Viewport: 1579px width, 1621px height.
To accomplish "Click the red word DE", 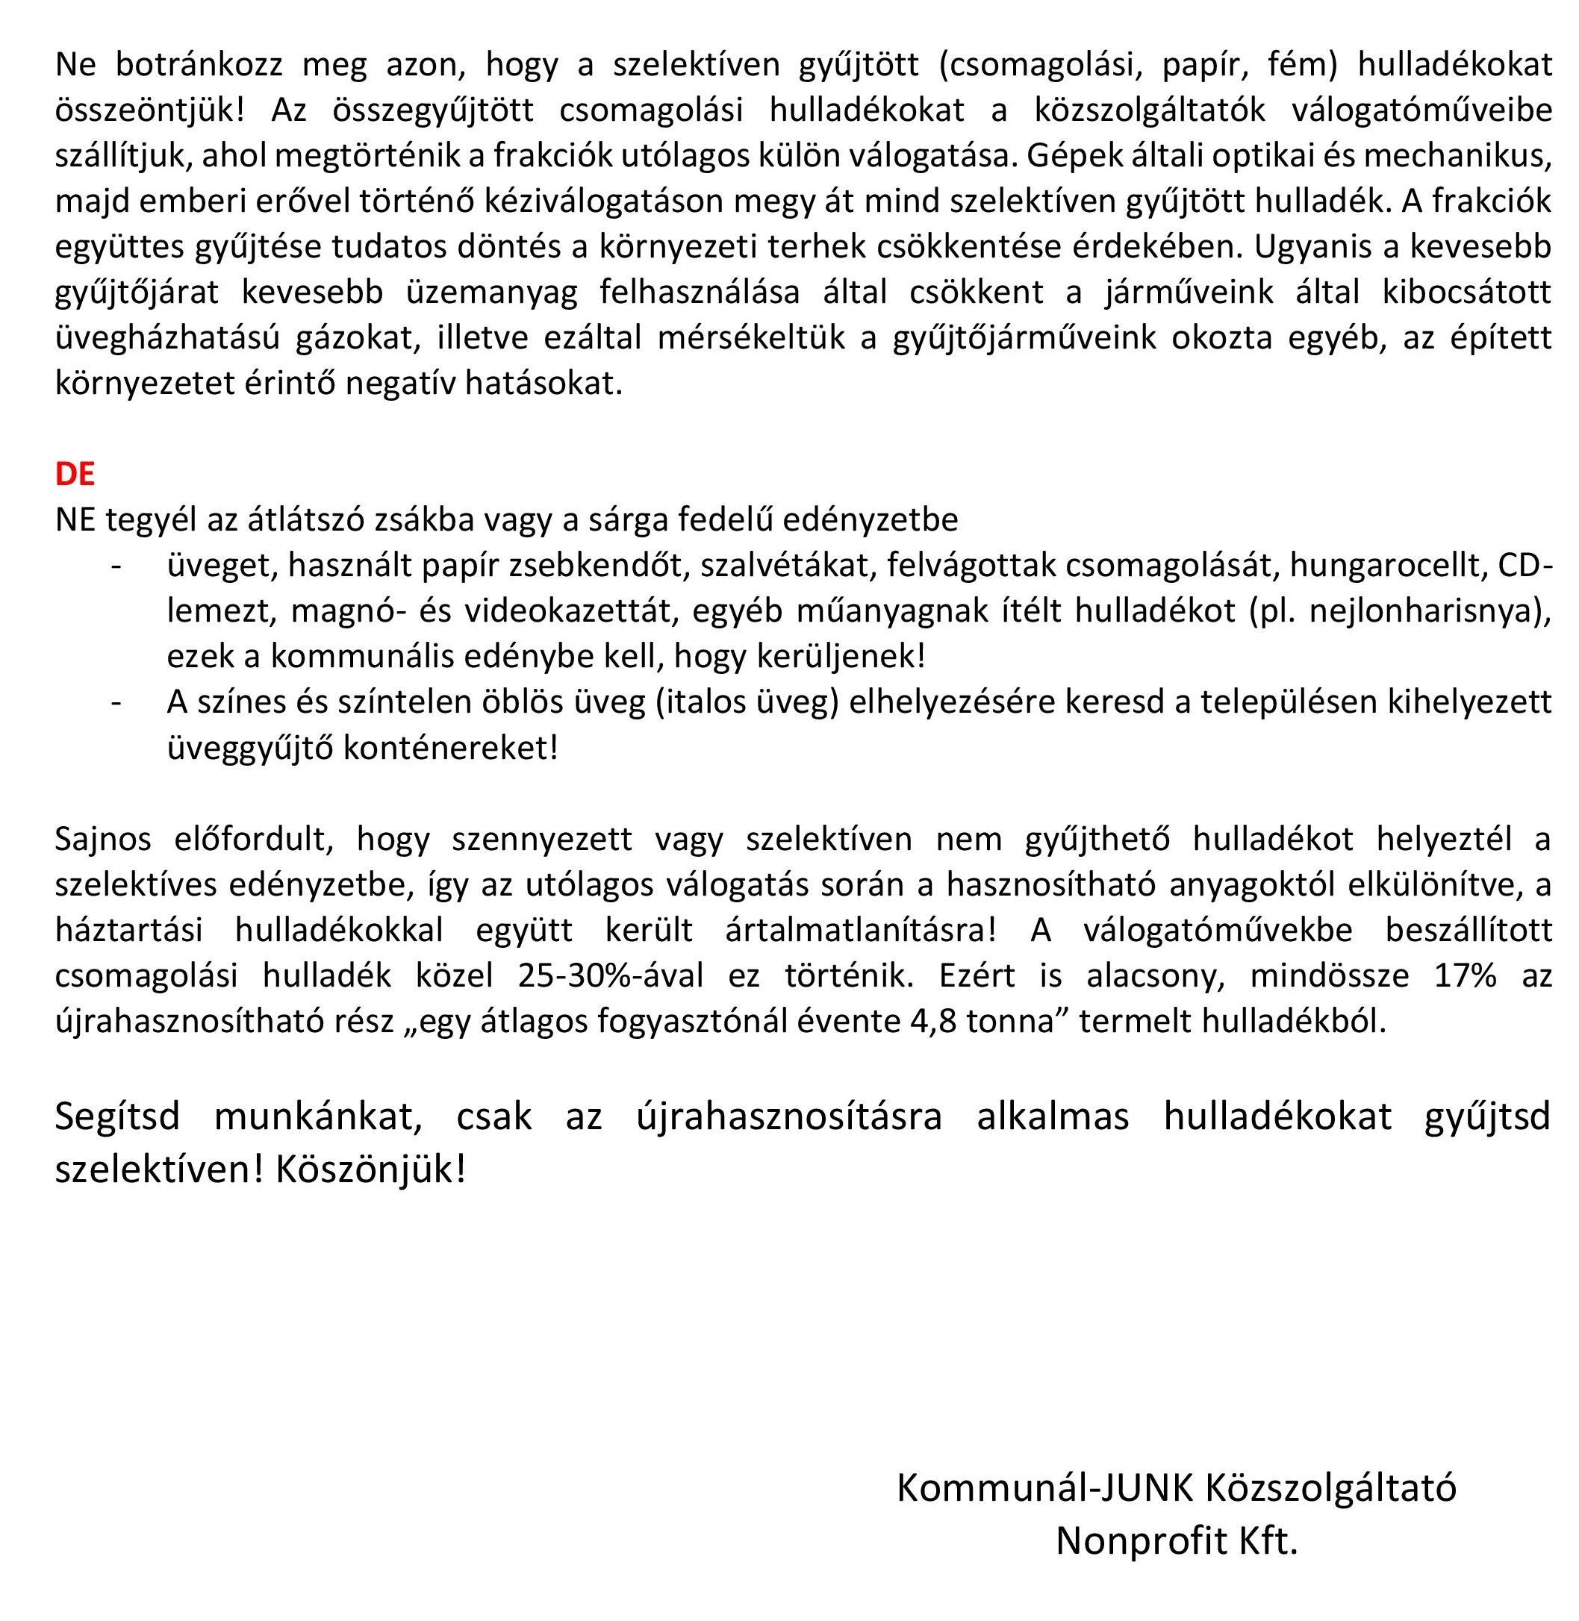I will tap(75, 473).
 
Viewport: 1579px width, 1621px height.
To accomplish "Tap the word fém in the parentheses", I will tap(1302, 65).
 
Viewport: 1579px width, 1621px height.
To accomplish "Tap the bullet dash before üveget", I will tap(117, 565).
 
